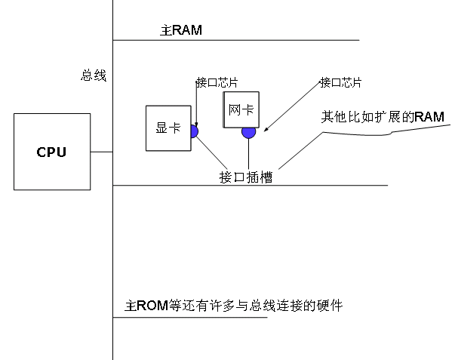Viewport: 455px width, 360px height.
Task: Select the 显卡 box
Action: pos(168,128)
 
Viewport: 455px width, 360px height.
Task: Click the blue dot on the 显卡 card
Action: pos(193,132)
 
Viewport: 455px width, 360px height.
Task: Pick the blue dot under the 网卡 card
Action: pos(248,132)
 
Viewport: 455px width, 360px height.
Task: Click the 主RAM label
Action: pos(181,30)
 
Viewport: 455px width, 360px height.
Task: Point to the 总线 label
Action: pos(94,75)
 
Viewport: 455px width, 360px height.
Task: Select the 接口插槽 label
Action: pos(246,177)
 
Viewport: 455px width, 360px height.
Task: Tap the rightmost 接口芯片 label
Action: pos(340,82)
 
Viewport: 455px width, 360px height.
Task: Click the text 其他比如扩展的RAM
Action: pos(383,117)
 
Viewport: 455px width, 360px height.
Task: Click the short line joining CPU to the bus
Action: pos(101,152)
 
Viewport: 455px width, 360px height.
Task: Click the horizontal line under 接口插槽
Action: pos(250,186)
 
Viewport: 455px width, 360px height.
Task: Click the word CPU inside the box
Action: pos(51,152)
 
